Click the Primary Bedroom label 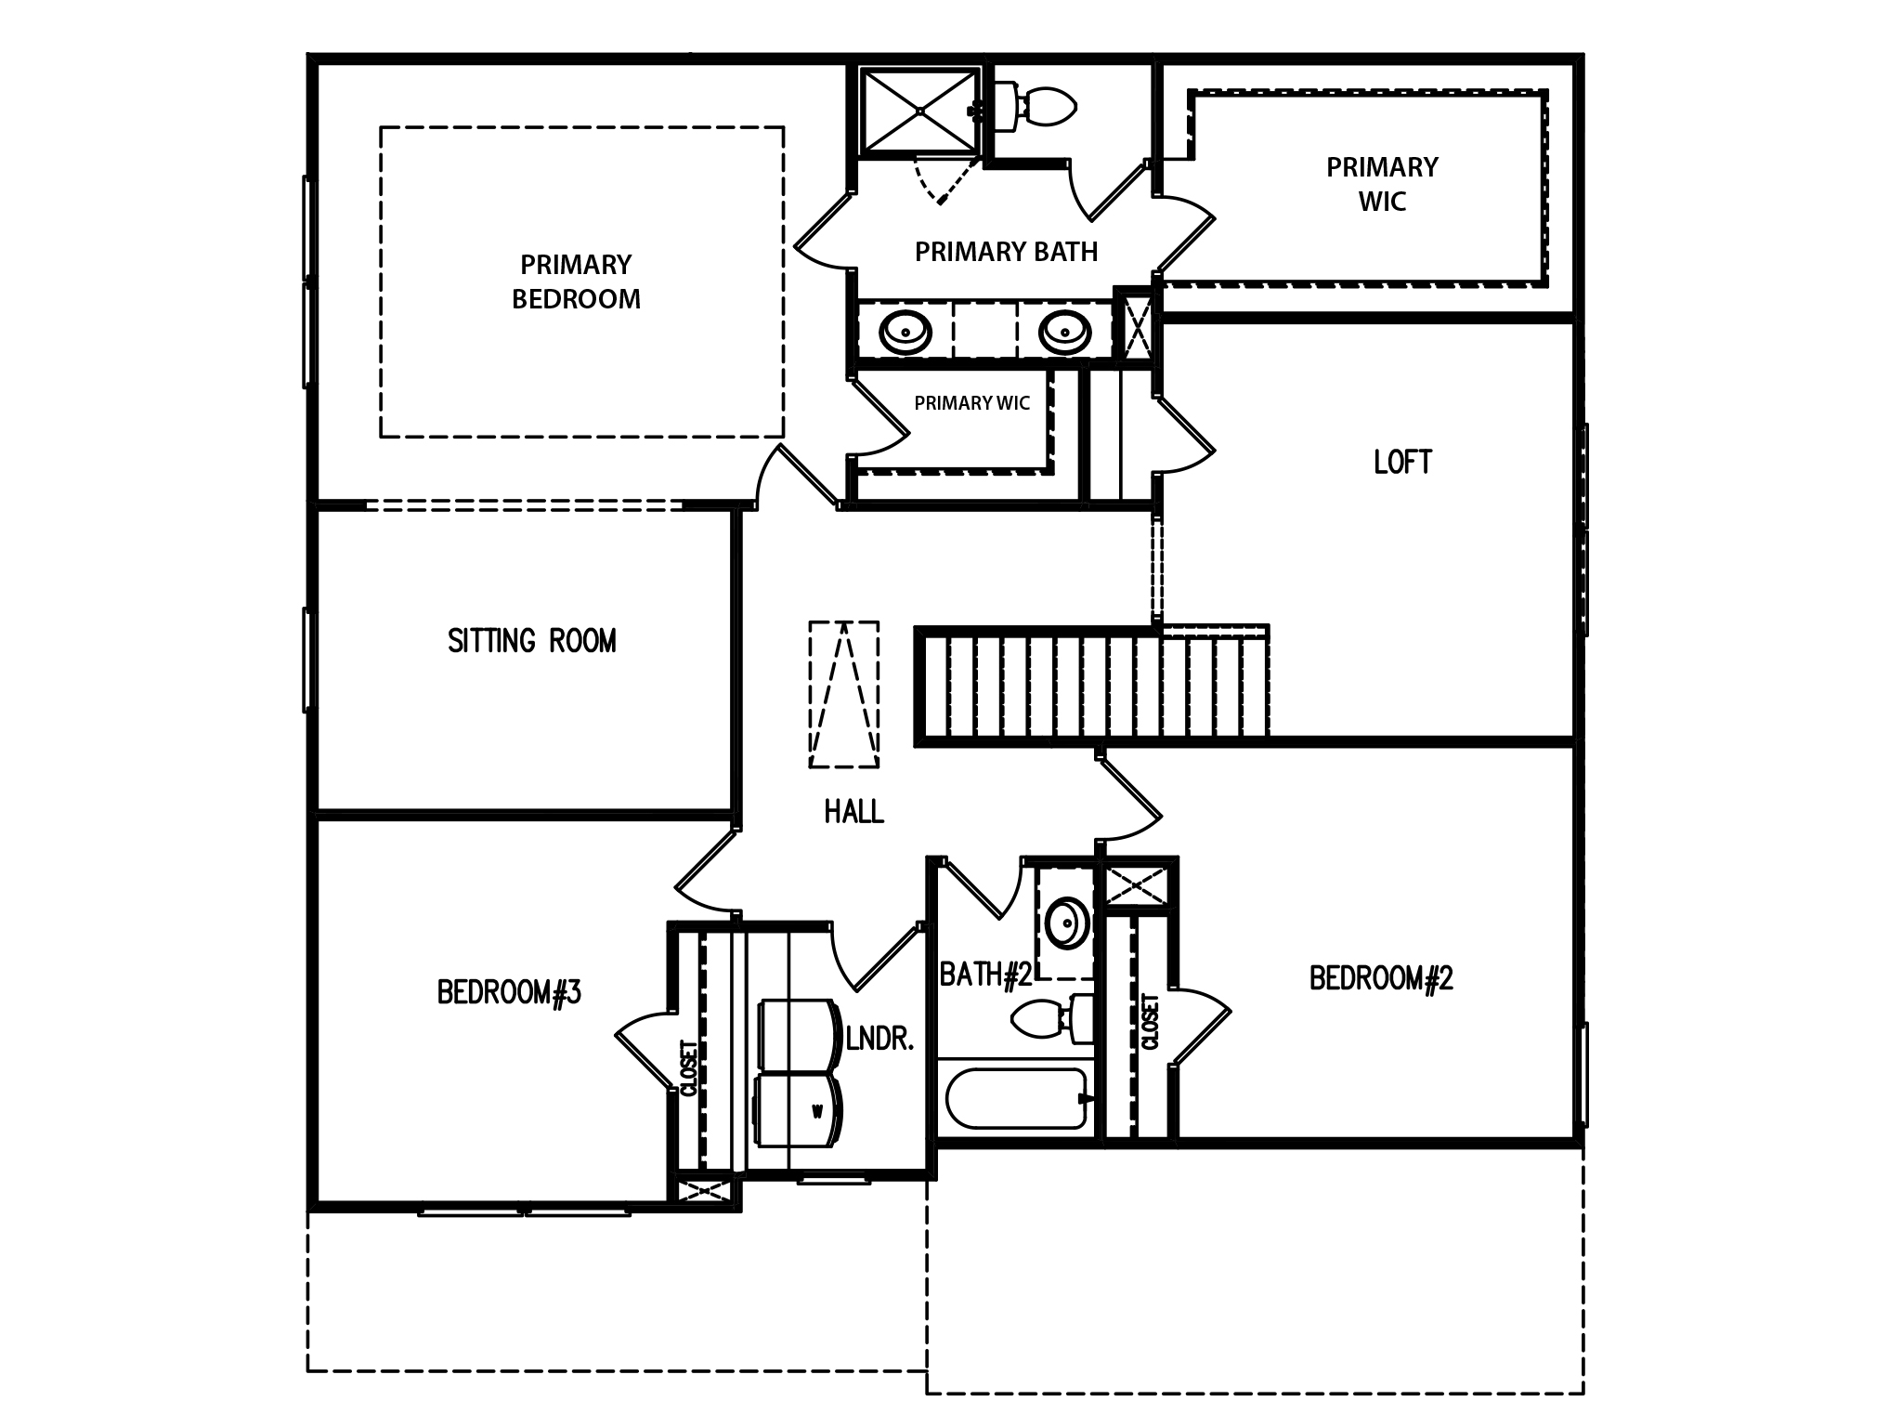(x=576, y=281)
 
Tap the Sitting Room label (x=531, y=641)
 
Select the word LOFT (x=1402, y=462)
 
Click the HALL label (x=853, y=812)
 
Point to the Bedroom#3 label (x=509, y=992)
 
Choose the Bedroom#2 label (x=1380, y=978)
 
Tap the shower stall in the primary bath (x=919, y=110)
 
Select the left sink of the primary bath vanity (x=905, y=332)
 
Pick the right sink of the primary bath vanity (x=1064, y=332)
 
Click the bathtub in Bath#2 (x=1016, y=1098)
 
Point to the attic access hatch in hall (x=843, y=694)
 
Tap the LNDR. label (x=880, y=1040)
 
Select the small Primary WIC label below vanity (x=971, y=403)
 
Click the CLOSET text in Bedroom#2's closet (x=1150, y=1022)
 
